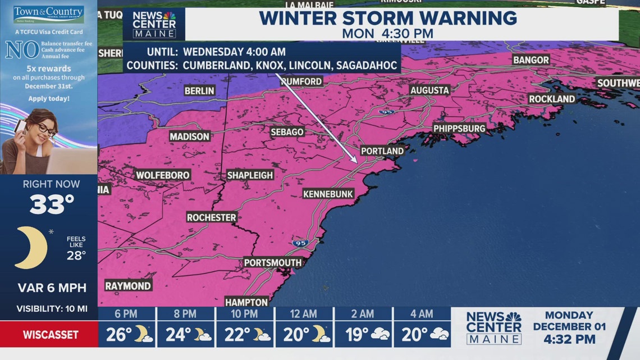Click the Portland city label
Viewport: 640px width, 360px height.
pyautogui.click(x=382, y=151)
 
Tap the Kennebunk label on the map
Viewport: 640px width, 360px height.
pyautogui.click(x=328, y=194)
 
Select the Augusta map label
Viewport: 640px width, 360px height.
pyautogui.click(x=429, y=90)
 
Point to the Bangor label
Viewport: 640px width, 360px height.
pyautogui.click(x=531, y=60)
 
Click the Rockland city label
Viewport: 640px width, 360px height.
pyautogui.click(x=552, y=99)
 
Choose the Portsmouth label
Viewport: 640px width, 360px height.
pyautogui.click(x=273, y=263)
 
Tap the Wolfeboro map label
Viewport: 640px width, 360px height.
pyautogui.click(x=163, y=175)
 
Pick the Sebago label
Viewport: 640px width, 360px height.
pyautogui.click(x=287, y=132)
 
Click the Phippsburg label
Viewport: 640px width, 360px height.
pyautogui.click(x=459, y=129)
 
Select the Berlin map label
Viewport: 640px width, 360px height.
pyautogui.click(x=199, y=90)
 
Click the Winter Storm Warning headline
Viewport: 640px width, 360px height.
pyautogui.click(x=388, y=18)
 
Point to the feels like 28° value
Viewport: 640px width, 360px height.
pyautogui.click(x=76, y=256)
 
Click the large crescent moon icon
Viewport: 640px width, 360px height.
pyautogui.click(x=31, y=248)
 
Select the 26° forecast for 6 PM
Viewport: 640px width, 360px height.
pyautogui.click(x=118, y=335)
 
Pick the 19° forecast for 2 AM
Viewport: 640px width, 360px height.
pyautogui.click(x=356, y=335)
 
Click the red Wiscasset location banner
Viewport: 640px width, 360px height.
pyautogui.click(x=49, y=335)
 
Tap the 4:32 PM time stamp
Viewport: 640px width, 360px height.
pyautogui.click(x=569, y=340)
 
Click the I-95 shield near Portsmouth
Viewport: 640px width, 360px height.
pyautogui.click(x=299, y=243)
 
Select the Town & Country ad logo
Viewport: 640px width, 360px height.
pyautogui.click(x=48, y=13)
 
